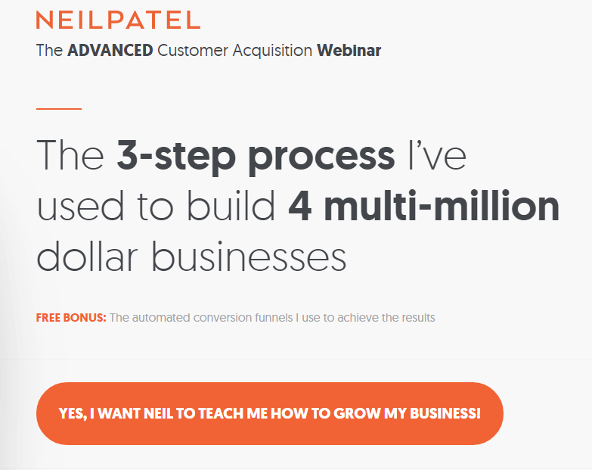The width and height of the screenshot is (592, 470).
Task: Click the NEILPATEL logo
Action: (x=118, y=20)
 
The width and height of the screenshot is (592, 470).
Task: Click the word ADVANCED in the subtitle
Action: (x=110, y=50)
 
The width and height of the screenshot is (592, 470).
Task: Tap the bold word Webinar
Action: (x=349, y=50)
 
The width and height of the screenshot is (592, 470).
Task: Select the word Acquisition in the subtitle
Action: (x=272, y=51)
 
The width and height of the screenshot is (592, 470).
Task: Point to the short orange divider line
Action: (x=59, y=109)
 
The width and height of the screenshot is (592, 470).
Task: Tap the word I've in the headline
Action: (x=437, y=155)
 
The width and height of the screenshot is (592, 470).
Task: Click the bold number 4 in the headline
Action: (x=299, y=207)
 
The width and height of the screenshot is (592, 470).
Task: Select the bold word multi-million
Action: (x=442, y=205)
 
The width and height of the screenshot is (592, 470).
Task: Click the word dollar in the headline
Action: (x=87, y=255)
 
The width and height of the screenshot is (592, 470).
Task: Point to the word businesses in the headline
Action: (x=250, y=255)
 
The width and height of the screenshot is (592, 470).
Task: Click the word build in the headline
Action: (x=231, y=205)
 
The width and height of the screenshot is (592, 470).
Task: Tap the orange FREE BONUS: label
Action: (x=71, y=317)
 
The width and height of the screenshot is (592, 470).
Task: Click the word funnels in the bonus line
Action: (x=274, y=317)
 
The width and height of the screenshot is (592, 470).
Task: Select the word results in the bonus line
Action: (x=419, y=317)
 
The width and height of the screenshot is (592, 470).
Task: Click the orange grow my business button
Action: (x=270, y=413)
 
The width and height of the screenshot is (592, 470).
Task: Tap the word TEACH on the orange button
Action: (x=221, y=413)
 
